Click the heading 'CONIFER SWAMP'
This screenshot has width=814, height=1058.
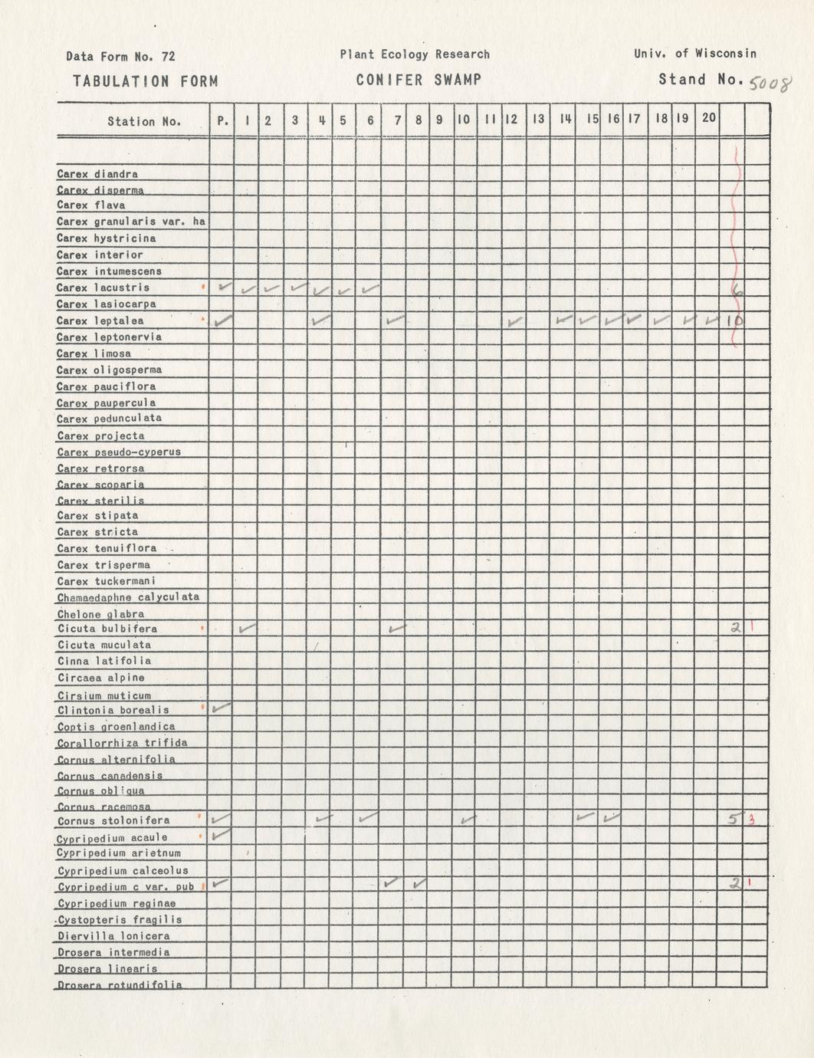click(418, 80)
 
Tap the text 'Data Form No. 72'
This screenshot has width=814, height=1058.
click(120, 56)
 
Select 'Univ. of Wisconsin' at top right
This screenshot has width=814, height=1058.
click(695, 54)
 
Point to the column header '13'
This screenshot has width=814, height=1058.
click(538, 119)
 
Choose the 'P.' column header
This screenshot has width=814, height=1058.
click(222, 120)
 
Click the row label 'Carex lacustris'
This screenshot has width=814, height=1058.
click(103, 287)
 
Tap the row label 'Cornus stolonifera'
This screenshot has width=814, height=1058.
click(113, 821)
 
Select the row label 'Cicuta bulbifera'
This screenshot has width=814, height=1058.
click(107, 629)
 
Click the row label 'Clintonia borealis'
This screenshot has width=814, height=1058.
click(113, 710)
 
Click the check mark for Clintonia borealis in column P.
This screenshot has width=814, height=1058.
click(222, 708)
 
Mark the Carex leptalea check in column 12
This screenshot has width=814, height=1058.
click(515, 320)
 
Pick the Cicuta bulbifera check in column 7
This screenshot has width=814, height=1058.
click(396, 629)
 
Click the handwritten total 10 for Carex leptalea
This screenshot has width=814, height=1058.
click(734, 321)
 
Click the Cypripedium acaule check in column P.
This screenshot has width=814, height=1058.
click(222, 834)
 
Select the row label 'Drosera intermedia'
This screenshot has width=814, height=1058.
click(114, 952)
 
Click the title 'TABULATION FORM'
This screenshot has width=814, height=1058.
click(146, 81)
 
